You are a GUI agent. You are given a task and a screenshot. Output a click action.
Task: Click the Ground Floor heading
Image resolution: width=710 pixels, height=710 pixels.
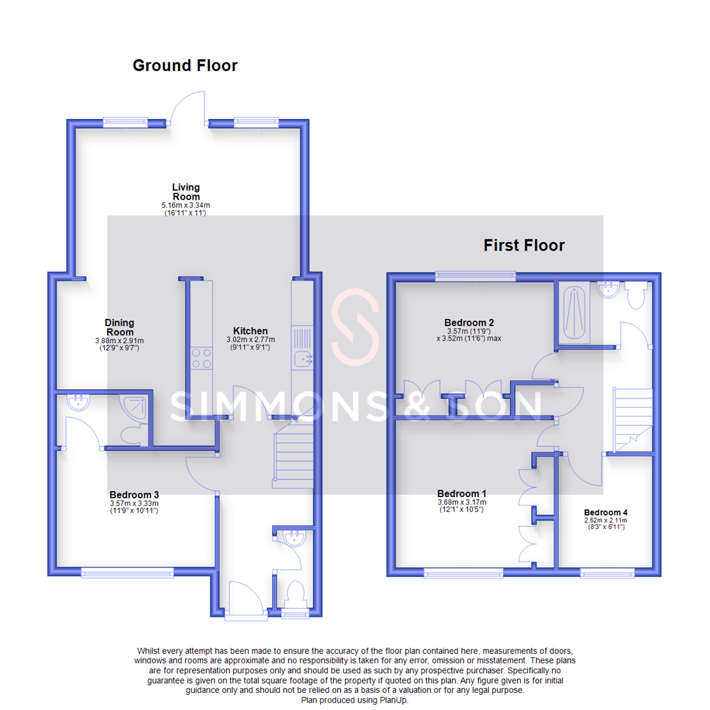[185, 66]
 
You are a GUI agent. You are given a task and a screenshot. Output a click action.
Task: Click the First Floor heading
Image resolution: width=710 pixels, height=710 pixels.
[524, 246]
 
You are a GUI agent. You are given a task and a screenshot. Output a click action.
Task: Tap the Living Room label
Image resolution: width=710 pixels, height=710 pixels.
[186, 192]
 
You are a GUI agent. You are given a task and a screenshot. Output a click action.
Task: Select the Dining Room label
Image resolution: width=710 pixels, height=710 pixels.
[119, 327]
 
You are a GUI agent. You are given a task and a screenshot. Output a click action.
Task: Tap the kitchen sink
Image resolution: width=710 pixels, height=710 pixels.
[303, 358]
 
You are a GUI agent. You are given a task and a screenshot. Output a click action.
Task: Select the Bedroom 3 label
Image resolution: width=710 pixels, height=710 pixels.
[134, 494]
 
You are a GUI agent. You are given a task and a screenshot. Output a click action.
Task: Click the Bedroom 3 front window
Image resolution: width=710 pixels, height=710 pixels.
[128, 573]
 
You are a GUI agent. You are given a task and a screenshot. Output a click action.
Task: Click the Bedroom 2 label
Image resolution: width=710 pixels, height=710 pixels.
[469, 323]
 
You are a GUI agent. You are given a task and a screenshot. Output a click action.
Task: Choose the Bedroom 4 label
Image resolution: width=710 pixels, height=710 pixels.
[603, 513]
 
